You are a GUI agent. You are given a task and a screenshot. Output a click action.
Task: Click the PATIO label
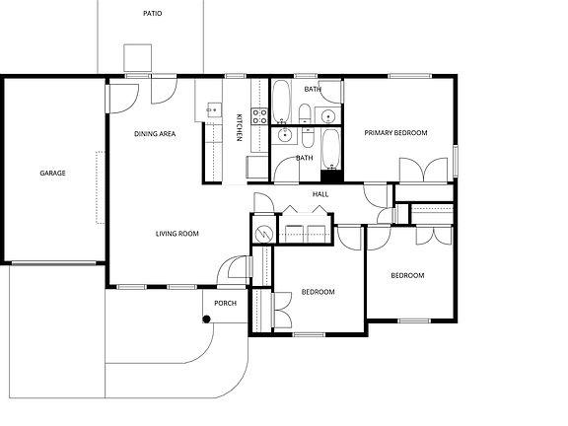151,15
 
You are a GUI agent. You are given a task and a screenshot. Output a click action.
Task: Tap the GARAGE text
52,174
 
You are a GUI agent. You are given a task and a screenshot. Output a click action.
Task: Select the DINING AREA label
155,134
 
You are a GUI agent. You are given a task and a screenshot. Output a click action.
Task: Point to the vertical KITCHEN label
239,128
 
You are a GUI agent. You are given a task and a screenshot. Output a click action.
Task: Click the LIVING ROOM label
177,234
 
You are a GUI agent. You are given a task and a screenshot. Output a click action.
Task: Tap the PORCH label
225,303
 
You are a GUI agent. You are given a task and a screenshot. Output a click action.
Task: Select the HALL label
320,194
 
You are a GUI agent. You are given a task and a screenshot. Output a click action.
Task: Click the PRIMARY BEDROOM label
395,132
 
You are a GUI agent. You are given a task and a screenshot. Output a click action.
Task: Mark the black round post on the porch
206,319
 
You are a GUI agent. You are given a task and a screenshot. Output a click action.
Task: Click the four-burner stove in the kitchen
260,115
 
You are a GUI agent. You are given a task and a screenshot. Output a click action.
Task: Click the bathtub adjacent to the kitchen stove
280,99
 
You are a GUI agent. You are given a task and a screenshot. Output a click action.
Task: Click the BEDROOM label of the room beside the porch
318,292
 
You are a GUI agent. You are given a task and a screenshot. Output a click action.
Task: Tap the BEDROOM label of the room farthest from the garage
407,275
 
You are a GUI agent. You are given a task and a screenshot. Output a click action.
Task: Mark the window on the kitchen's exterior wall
235,76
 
